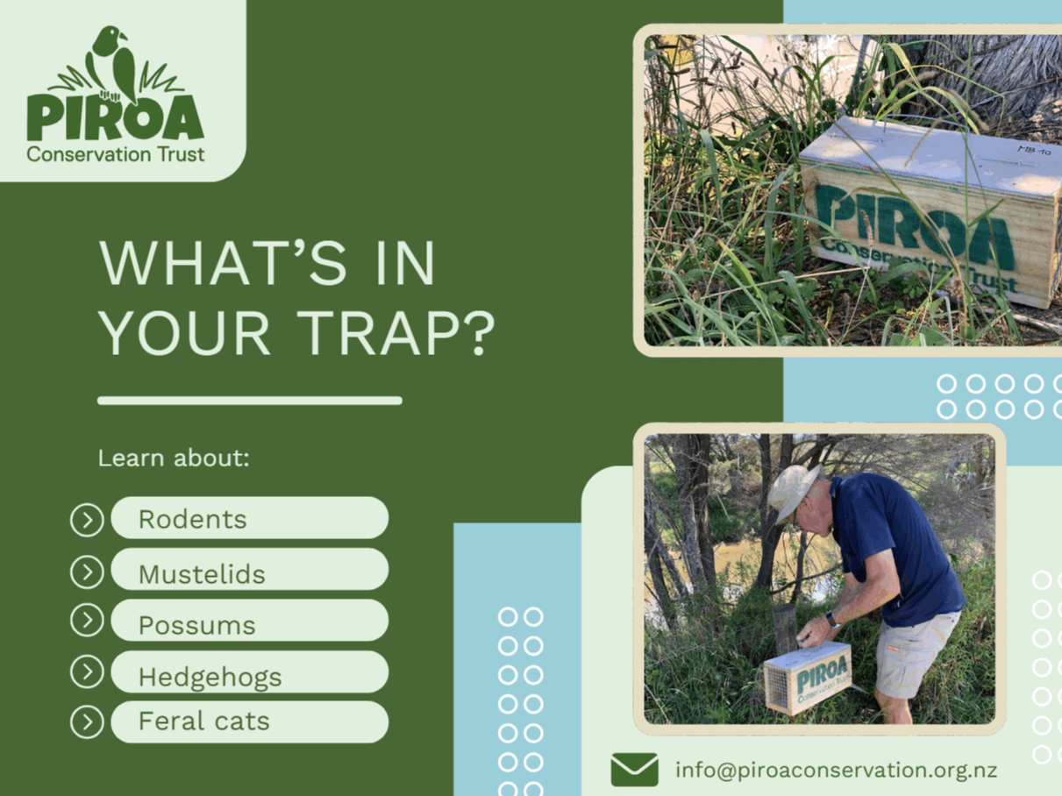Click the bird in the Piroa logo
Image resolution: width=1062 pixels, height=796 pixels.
115,64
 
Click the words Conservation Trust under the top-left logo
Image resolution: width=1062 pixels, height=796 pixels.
116,155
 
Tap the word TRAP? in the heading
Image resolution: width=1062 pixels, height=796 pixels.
396,333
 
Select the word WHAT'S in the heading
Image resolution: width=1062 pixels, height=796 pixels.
223,263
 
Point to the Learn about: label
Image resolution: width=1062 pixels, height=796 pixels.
174,458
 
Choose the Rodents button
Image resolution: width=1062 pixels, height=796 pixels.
250,518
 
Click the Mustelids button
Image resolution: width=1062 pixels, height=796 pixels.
250,569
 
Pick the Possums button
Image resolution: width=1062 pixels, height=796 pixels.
250,621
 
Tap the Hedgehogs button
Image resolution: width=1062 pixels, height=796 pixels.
250,672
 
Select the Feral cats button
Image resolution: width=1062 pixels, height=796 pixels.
250,722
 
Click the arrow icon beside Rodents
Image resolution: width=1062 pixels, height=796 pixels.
87,521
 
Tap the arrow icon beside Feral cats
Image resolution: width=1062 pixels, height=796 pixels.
87,722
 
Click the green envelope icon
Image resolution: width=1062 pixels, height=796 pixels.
634,770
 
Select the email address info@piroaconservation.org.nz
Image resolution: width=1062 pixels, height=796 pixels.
836,771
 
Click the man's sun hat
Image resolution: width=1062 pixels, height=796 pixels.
795,491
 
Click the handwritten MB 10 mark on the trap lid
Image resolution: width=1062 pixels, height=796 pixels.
1034,151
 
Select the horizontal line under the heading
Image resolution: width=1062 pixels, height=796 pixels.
250,401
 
